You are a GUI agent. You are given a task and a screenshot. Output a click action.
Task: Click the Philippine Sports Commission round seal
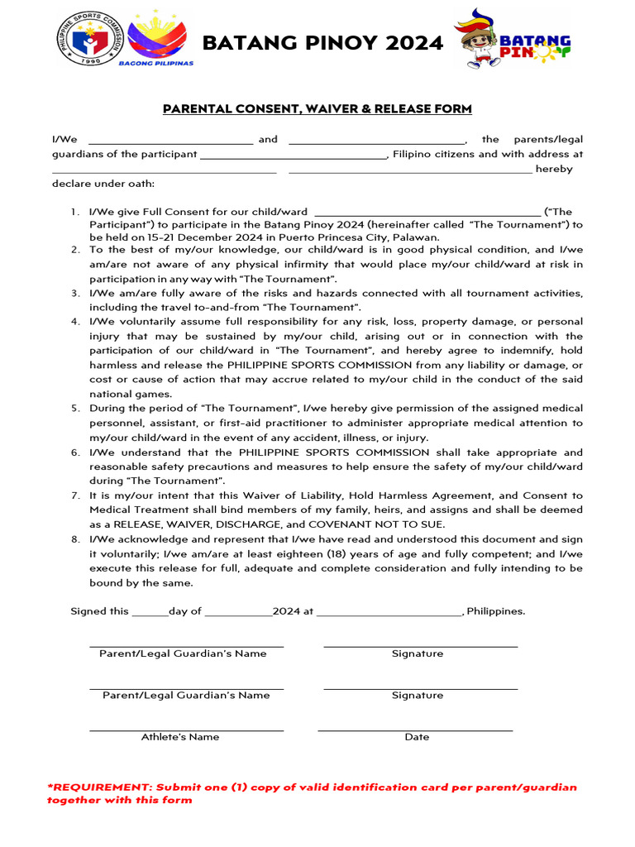(89, 39)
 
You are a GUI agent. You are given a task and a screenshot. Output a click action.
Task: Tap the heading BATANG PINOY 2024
(322, 43)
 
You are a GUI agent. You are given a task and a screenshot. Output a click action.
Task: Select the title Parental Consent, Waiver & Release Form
(317, 109)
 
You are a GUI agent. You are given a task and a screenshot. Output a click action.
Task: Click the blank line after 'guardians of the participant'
(293, 155)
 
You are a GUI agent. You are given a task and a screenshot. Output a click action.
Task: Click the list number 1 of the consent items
(74, 212)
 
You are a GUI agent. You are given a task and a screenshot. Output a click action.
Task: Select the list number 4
(74, 322)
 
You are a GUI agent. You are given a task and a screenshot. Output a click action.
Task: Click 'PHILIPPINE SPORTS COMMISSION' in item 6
(334, 452)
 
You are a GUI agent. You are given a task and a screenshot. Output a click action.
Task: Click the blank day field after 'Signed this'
(150, 612)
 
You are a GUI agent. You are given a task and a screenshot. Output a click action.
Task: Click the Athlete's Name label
(180, 737)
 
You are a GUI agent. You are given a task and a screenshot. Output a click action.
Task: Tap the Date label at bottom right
(417, 737)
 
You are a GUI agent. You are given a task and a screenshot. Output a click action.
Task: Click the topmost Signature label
(418, 653)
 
